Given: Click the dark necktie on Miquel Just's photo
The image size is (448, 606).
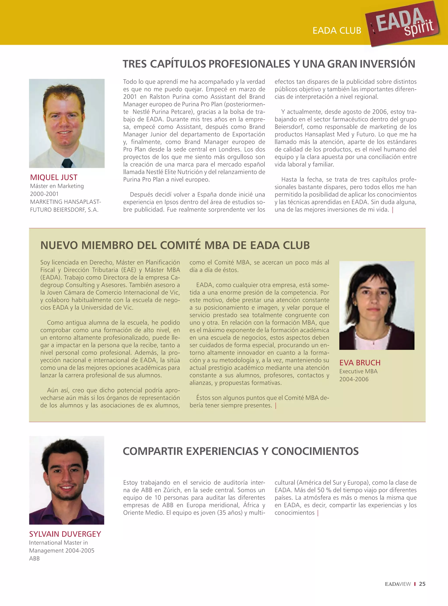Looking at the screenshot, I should (x=67, y=163).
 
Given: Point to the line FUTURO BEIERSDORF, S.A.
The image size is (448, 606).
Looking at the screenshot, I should (x=64, y=210).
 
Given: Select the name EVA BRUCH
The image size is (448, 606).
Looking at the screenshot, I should (x=360, y=363).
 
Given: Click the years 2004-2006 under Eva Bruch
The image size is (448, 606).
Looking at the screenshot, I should (x=354, y=379).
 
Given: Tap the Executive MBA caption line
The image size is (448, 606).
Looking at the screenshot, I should (x=358, y=371).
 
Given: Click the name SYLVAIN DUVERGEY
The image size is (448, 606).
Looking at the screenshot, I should (x=65, y=534).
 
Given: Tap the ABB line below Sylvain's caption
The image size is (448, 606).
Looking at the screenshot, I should (x=34, y=558).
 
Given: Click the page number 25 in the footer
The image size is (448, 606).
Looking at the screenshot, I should (x=422, y=584).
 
